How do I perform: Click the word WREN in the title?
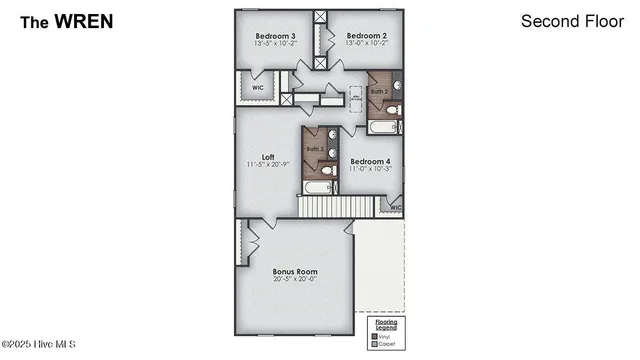tap(85, 20)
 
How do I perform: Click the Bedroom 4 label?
tap(370, 161)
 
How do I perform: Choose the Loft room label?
tap(268, 157)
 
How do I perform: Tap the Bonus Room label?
tap(295, 271)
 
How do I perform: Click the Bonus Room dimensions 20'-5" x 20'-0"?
tap(295, 280)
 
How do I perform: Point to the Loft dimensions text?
tap(268, 165)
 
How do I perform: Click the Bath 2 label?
tap(379, 91)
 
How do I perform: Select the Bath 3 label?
tap(315, 149)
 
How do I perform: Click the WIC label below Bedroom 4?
tap(395, 208)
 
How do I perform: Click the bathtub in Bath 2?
tap(384, 127)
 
